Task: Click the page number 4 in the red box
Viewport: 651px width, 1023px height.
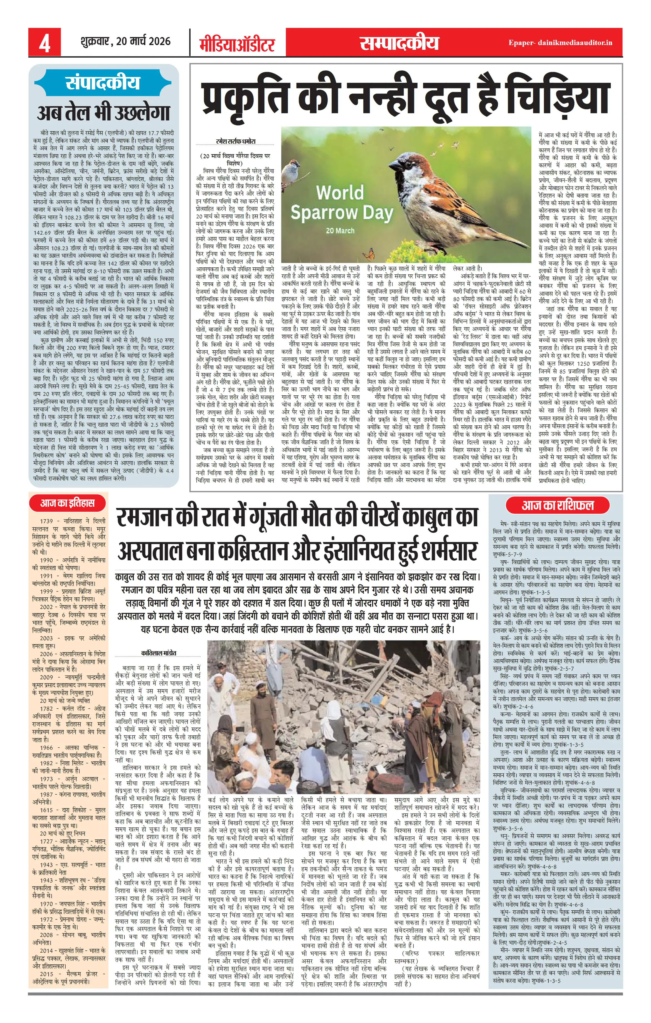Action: (x=44, y=43)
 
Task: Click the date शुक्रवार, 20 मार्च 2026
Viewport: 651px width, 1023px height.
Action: (x=125, y=42)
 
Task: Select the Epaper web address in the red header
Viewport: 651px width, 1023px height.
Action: (x=560, y=43)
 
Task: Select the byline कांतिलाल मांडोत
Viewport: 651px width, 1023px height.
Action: (x=159, y=652)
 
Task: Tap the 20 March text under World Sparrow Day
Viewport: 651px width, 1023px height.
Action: (x=340, y=231)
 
